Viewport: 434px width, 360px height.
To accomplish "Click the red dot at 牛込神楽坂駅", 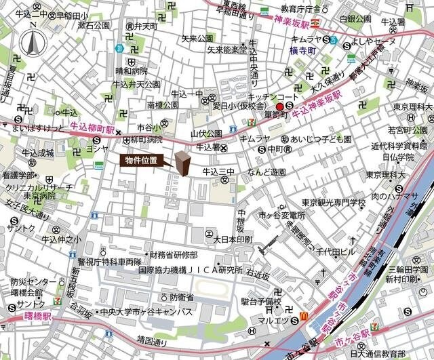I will click(279, 106).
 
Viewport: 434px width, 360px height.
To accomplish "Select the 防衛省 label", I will click(181, 298).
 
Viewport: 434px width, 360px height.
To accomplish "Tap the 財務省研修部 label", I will click(174, 255).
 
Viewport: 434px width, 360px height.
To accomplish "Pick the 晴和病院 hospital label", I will click(130, 69).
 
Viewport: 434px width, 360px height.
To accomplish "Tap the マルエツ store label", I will click(275, 320).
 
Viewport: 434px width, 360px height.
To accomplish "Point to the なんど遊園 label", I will click(267, 173).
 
